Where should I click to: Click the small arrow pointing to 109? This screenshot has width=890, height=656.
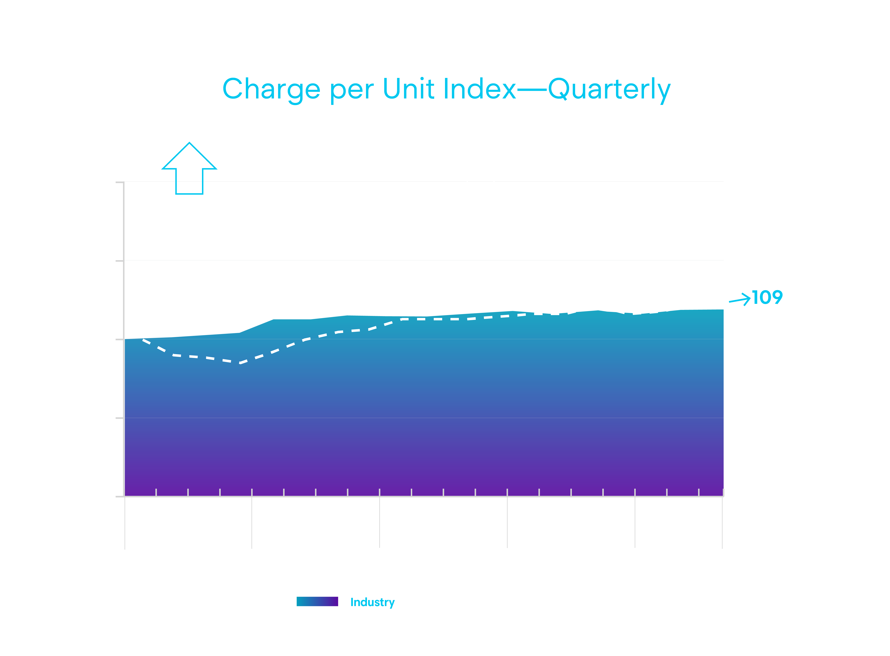pyautogui.click(x=739, y=299)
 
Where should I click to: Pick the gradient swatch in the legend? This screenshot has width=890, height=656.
pyautogui.click(x=317, y=601)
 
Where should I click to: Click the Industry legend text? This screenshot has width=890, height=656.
pyautogui.click(x=372, y=602)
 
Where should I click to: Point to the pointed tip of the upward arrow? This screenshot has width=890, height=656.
pyautogui.click(x=189, y=143)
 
